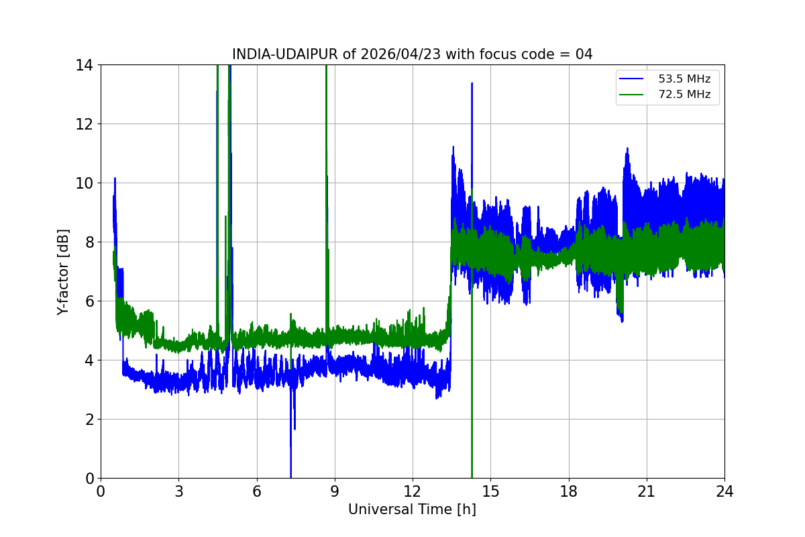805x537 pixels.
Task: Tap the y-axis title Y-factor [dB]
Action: tap(63, 271)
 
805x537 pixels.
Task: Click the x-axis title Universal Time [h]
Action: tap(412, 509)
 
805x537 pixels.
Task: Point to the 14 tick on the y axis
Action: tap(85, 65)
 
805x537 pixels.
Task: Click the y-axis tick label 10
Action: tap(85, 183)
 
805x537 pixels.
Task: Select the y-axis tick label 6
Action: tap(89, 301)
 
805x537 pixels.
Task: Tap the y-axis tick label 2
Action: tap(89, 420)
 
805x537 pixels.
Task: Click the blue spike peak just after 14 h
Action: tap(472, 84)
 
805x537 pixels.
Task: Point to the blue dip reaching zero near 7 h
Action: tap(290, 474)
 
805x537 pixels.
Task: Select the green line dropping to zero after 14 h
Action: tap(472, 463)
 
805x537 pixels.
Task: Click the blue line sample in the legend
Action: tap(631, 79)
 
